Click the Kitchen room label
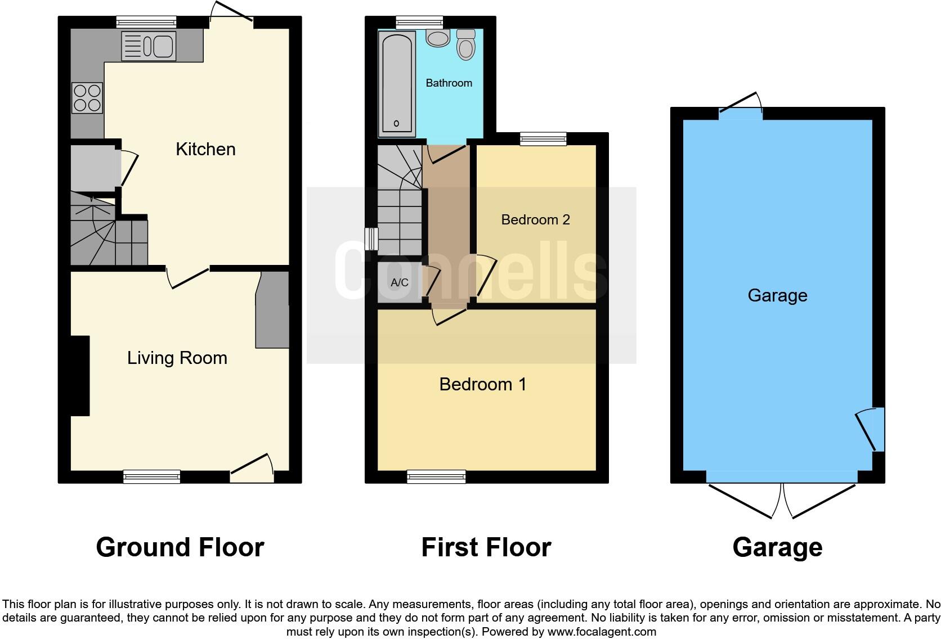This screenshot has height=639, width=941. [205, 149]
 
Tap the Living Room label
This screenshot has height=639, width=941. [177, 358]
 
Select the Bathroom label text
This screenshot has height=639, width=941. [449, 83]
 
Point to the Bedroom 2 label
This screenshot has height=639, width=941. [535, 219]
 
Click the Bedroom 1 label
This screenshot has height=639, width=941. [482, 384]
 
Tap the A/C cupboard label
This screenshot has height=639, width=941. [399, 282]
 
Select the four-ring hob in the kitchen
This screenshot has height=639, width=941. [87, 98]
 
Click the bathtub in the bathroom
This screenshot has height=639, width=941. [397, 82]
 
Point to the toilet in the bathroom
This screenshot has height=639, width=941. [466, 44]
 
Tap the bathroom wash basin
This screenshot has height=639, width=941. [437, 38]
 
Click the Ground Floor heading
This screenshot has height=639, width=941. [180, 547]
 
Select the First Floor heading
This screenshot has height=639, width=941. [486, 547]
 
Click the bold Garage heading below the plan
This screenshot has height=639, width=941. [777, 547]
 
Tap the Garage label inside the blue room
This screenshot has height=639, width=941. [777, 295]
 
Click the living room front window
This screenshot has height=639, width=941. [152, 476]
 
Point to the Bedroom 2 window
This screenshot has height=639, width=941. [543, 138]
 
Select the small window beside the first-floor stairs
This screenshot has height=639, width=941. [371, 238]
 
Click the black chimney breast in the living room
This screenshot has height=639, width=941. [79, 375]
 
